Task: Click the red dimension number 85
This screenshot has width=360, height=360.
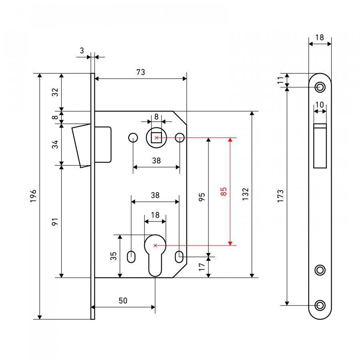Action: click(x=223, y=192)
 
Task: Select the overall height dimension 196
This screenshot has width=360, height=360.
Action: click(x=33, y=196)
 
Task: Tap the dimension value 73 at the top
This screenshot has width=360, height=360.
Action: click(x=141, y=72)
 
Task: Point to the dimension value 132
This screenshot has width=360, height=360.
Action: click(x=246, y=194)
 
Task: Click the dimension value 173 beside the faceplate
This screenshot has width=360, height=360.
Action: click(x=280, y=196)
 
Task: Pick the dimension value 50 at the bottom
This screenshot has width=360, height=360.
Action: click(x=123, y=300)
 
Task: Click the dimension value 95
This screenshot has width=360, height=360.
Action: click(x=202, y=197)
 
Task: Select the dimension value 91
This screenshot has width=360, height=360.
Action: click(x=55, y=222)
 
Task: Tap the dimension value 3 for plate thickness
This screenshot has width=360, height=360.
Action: click(x=82, y=50)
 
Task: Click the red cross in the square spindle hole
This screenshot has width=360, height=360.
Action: click(x=156, y=138)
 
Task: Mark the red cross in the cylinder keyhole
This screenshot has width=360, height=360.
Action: click(x=155, y=246)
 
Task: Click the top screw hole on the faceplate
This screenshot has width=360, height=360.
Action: click(x=320, y=87)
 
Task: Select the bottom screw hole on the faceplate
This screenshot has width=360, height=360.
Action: click(x=320, y=305)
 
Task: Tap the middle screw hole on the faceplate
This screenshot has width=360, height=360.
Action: click(x=320, y=270)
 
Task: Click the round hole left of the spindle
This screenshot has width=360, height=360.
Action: click(x=133, y=138)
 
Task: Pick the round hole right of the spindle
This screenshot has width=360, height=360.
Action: click(x=180, y=138)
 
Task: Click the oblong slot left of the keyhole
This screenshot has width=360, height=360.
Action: click(x=131, y=257)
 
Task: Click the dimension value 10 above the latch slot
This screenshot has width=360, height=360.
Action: click(x=320, y=105)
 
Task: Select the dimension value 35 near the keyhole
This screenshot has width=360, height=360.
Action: click(x=114, y=256)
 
